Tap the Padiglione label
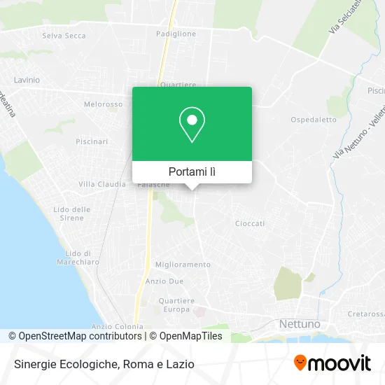click(176, 33)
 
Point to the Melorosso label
click(103, 104)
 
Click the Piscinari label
click(92, 141)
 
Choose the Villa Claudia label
click(102, 184)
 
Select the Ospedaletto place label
click(314, 120)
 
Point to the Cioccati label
click(250, 223)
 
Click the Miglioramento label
click(183, 265)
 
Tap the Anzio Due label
click(164, 281)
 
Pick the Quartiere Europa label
click(176, 305)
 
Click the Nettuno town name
click(300, 324)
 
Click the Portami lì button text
click(192, 171)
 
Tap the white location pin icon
click(192, 124)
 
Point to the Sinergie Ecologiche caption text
click(102, 364)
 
